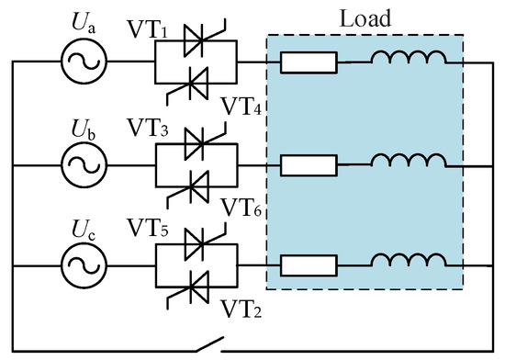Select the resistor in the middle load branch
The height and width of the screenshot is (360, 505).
click(309, 165)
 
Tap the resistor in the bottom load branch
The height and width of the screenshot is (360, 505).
click(309, 267)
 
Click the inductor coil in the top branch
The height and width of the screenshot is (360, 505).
click(409, 60)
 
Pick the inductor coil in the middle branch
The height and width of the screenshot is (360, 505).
click(409, 163)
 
